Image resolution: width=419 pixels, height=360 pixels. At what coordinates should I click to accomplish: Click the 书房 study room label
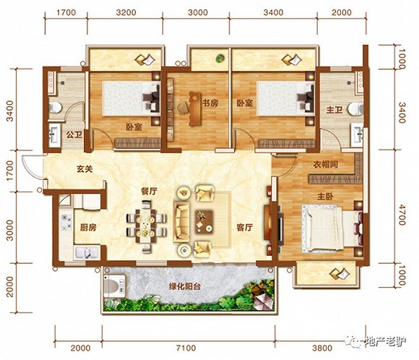[210, 103]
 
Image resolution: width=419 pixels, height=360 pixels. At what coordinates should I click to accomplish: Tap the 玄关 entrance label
[85, 169]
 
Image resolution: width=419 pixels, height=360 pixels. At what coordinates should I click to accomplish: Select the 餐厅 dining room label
[149, 192]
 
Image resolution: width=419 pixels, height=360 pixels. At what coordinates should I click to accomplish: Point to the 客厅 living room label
[244, 228]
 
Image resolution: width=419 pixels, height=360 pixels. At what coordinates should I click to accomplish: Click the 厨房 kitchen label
[88, 228]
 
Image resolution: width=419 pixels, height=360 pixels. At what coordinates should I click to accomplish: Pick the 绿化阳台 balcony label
[185, 287]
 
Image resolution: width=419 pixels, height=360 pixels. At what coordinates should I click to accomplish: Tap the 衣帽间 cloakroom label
[326, 165]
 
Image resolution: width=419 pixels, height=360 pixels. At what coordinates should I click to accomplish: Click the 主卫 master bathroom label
[334, 110]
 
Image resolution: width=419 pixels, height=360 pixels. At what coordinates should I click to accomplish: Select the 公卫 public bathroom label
[74, 134]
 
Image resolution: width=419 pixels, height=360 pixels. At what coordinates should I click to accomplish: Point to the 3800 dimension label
[322, 348]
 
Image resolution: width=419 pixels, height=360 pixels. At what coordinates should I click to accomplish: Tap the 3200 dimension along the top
[126, 12]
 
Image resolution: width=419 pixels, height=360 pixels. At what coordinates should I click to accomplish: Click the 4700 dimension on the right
[402, 215]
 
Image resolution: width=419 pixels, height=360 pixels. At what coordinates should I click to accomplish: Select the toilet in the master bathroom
[355, 109]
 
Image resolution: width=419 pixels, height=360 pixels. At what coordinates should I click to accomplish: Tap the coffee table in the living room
[204, 222]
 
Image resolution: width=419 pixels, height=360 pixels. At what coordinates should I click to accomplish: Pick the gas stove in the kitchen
[66, 223]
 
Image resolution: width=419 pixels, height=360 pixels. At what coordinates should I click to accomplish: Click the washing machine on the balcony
[114, 286]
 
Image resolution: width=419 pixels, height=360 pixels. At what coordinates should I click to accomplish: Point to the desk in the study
[194, 109]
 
